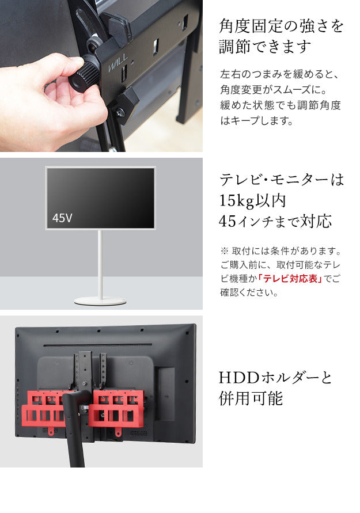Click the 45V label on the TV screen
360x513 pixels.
coord(62,218)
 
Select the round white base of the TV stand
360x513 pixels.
coord(101,300)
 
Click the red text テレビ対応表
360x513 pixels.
coord(290,279)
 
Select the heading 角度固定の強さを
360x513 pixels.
coord(281,26)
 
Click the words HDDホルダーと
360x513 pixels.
coord(276,378)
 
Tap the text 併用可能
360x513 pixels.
coord(251,398)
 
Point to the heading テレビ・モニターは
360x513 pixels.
coord(281,180)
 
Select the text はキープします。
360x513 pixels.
coord(257,121)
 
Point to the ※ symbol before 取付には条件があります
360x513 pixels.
coord(225,252)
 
